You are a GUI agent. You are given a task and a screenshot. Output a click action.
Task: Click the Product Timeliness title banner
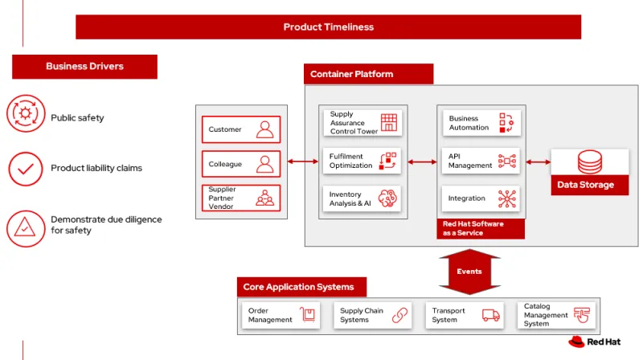point(328,27)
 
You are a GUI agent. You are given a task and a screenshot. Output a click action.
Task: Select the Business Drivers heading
point(84,67)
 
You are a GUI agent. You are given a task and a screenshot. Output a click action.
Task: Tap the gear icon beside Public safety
point(26,113)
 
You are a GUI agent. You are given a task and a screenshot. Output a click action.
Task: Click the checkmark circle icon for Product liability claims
point(26,169)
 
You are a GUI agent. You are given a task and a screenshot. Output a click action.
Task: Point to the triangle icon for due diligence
point(26,227)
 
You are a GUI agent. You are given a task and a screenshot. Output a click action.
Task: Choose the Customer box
point(240,129)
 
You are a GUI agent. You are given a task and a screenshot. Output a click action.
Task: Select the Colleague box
point(240,164)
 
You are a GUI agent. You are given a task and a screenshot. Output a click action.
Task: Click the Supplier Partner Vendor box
point(240,198)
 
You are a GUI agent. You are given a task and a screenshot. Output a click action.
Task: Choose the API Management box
point(481,161)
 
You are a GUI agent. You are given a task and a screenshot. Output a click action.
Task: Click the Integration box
point(481,198)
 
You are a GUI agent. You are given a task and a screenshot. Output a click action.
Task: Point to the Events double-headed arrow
point(469,271)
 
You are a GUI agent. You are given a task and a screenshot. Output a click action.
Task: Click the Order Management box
point(282,315)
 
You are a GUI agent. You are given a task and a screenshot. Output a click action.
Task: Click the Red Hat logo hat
point(575,342)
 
